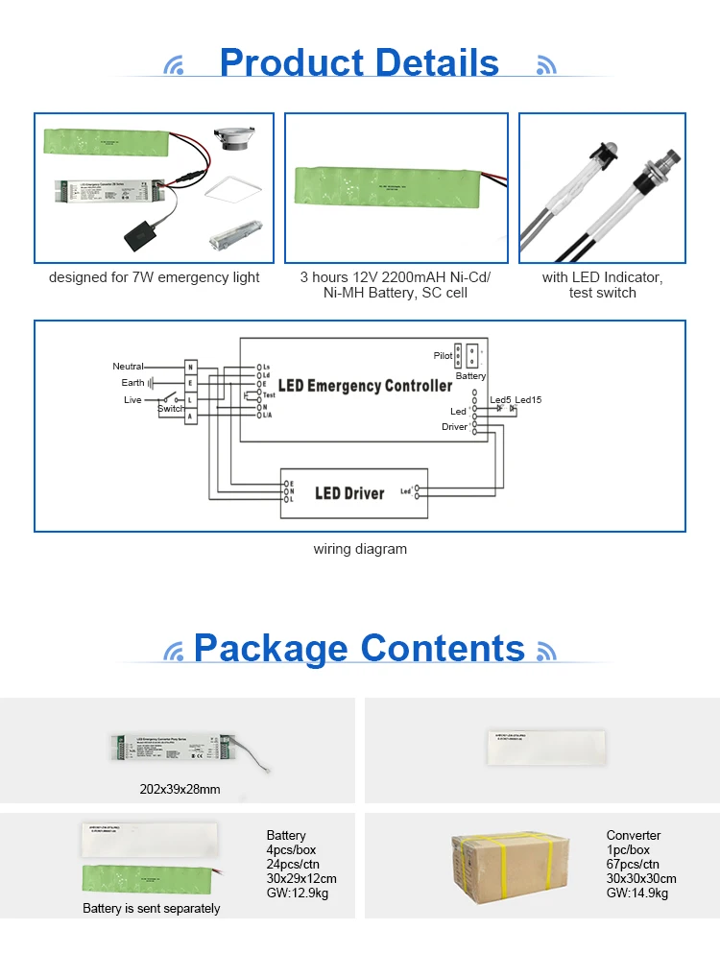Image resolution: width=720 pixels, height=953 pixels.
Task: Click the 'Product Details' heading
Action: tap(359, 63)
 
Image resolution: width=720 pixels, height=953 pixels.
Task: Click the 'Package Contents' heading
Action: tap(359, 649)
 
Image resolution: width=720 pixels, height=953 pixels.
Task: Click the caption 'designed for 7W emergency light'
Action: tap(155, 277)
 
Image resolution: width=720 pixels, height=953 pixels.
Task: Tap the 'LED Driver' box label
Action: tap(349, 493)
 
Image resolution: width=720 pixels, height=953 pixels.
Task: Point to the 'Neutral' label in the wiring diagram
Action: tap(128, 367)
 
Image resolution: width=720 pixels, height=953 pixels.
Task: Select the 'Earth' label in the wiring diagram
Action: tap(132, 383)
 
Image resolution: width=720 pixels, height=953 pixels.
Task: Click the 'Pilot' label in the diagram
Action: tap(443, 356)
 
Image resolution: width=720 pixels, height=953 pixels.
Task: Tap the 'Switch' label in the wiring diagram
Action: tap(171, 409)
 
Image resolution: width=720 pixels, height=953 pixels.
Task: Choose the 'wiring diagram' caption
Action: tap(360, 550)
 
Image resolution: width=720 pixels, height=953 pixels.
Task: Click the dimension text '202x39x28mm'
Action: tap(179, 790)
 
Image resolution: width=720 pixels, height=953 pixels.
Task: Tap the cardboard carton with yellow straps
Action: tap(511, 868)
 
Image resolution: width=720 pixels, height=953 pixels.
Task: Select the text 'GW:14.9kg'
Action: tap(637, 893)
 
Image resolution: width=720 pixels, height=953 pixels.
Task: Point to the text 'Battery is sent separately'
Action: tap(151, 908)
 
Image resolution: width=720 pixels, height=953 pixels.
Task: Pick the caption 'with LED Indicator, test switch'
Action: tap(602, 285)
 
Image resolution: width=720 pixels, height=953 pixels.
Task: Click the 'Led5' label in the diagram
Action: tap(500, 399)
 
